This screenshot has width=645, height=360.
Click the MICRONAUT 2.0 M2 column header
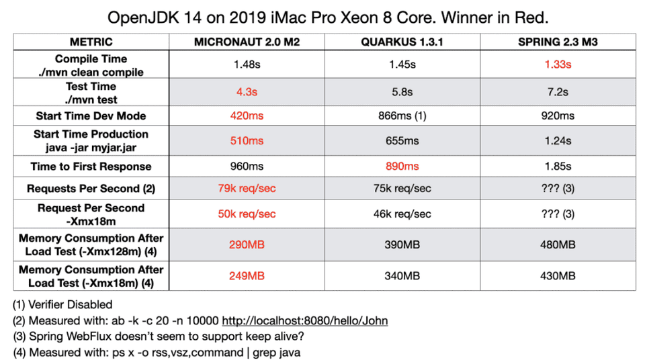coord(247,42)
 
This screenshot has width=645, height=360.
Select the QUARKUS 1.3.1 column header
coord(402,42)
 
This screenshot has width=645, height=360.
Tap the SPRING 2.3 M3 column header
coord(558,42)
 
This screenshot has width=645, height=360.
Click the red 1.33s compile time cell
coord(558,64)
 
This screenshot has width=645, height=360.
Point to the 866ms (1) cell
coord(402,116)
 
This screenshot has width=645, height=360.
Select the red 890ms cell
coord(402,167)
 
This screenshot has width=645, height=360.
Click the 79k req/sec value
coord(247,189)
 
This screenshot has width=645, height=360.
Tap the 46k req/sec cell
coord(402,214)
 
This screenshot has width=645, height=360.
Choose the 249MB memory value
coord(247,276)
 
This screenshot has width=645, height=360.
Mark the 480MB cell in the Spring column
coord(558,245)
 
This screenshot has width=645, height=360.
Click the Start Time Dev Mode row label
coord(91,116)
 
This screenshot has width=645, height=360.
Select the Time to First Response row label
coord(91,167)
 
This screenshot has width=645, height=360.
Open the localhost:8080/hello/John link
coord(304,321)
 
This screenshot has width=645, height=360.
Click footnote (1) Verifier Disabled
coord(62,305)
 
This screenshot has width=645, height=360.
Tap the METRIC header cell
coord(91,42)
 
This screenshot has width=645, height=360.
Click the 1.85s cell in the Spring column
coord(558,167)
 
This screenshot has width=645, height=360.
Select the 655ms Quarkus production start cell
coord(402,141)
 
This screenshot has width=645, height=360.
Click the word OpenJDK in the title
coord(139,15)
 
